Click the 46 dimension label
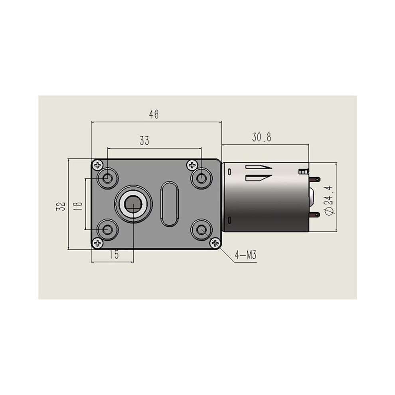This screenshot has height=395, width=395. click(154, 115)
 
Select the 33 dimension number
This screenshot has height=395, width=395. click(144, 141)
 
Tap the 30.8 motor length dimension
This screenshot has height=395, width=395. click(262, 137)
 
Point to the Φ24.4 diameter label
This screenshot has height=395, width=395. click(330, 200)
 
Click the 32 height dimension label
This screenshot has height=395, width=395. click(61, 206)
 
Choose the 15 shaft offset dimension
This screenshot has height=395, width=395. click(114, 255)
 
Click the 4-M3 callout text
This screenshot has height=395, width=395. click(246, 255)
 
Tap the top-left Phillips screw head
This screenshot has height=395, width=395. click(97, 165)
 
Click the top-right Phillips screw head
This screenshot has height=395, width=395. click(192, 165)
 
